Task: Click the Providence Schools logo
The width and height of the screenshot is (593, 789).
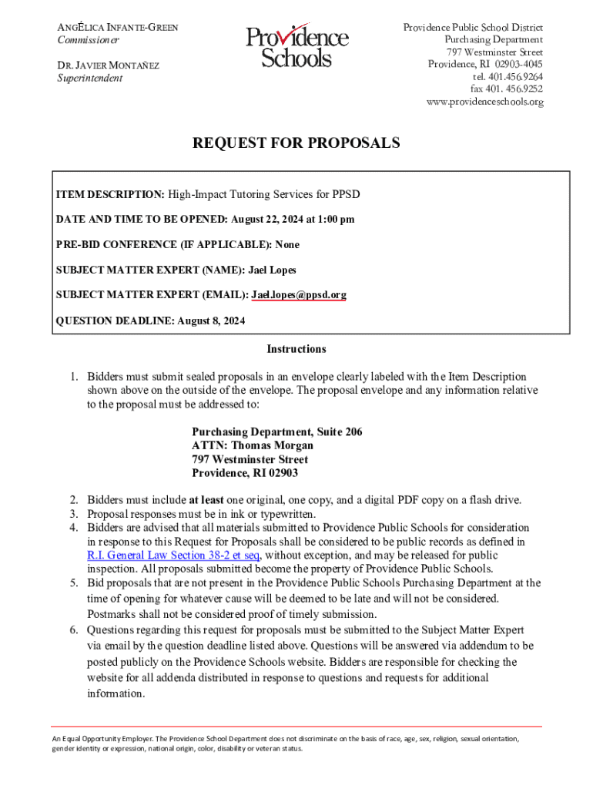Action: [x=297, y=48]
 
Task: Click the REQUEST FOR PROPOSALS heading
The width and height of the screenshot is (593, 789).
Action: [x=296, y=143]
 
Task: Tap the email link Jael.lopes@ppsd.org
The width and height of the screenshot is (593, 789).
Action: [x=299, y=294]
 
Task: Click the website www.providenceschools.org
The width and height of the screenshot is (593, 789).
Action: [x=484, y=102]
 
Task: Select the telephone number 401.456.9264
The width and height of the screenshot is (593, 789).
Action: [x=508, y=77]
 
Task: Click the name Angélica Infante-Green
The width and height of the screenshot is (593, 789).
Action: [x=119, y=28]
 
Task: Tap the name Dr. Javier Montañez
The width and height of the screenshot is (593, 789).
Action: [x=109, y=65]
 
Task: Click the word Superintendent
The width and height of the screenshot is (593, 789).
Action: [x=89, y=78]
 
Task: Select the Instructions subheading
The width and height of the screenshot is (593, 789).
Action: [x=296, y=349]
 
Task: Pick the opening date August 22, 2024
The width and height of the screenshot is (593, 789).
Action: [x=266, y=220]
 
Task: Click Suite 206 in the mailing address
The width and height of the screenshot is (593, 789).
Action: [x=336, y=431]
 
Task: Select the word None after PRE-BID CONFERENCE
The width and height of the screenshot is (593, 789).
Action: [x=287, y=244]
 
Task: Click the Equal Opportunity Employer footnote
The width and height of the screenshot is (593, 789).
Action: [x=285, y=743]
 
